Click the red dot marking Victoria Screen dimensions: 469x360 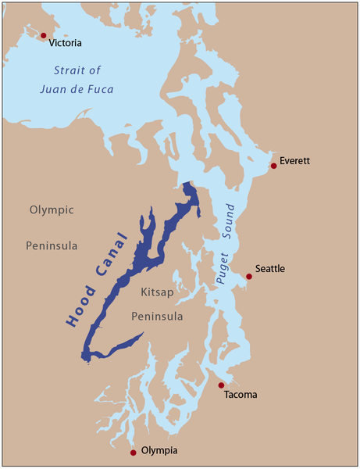tap(43, 35)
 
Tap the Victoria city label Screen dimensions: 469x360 tap(66, 44)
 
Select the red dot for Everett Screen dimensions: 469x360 tap(273, 166)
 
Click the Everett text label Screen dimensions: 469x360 tap(295, 161)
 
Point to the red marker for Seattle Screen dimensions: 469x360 tap(249, 276)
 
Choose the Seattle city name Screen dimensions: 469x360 tap(269, 270)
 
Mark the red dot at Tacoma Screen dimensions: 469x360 tap(221, 385)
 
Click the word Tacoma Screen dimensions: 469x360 tap(240, 395)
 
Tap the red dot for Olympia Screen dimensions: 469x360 tap(134, 452)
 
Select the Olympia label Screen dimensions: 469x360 tap(159, 451)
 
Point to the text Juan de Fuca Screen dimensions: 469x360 tap(77, 89)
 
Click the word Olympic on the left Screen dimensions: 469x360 tap(52, 210)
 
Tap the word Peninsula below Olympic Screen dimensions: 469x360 tap(52, 245)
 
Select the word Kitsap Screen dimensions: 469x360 tap(156, 292)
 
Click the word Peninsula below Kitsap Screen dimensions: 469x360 tap(156, 316)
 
